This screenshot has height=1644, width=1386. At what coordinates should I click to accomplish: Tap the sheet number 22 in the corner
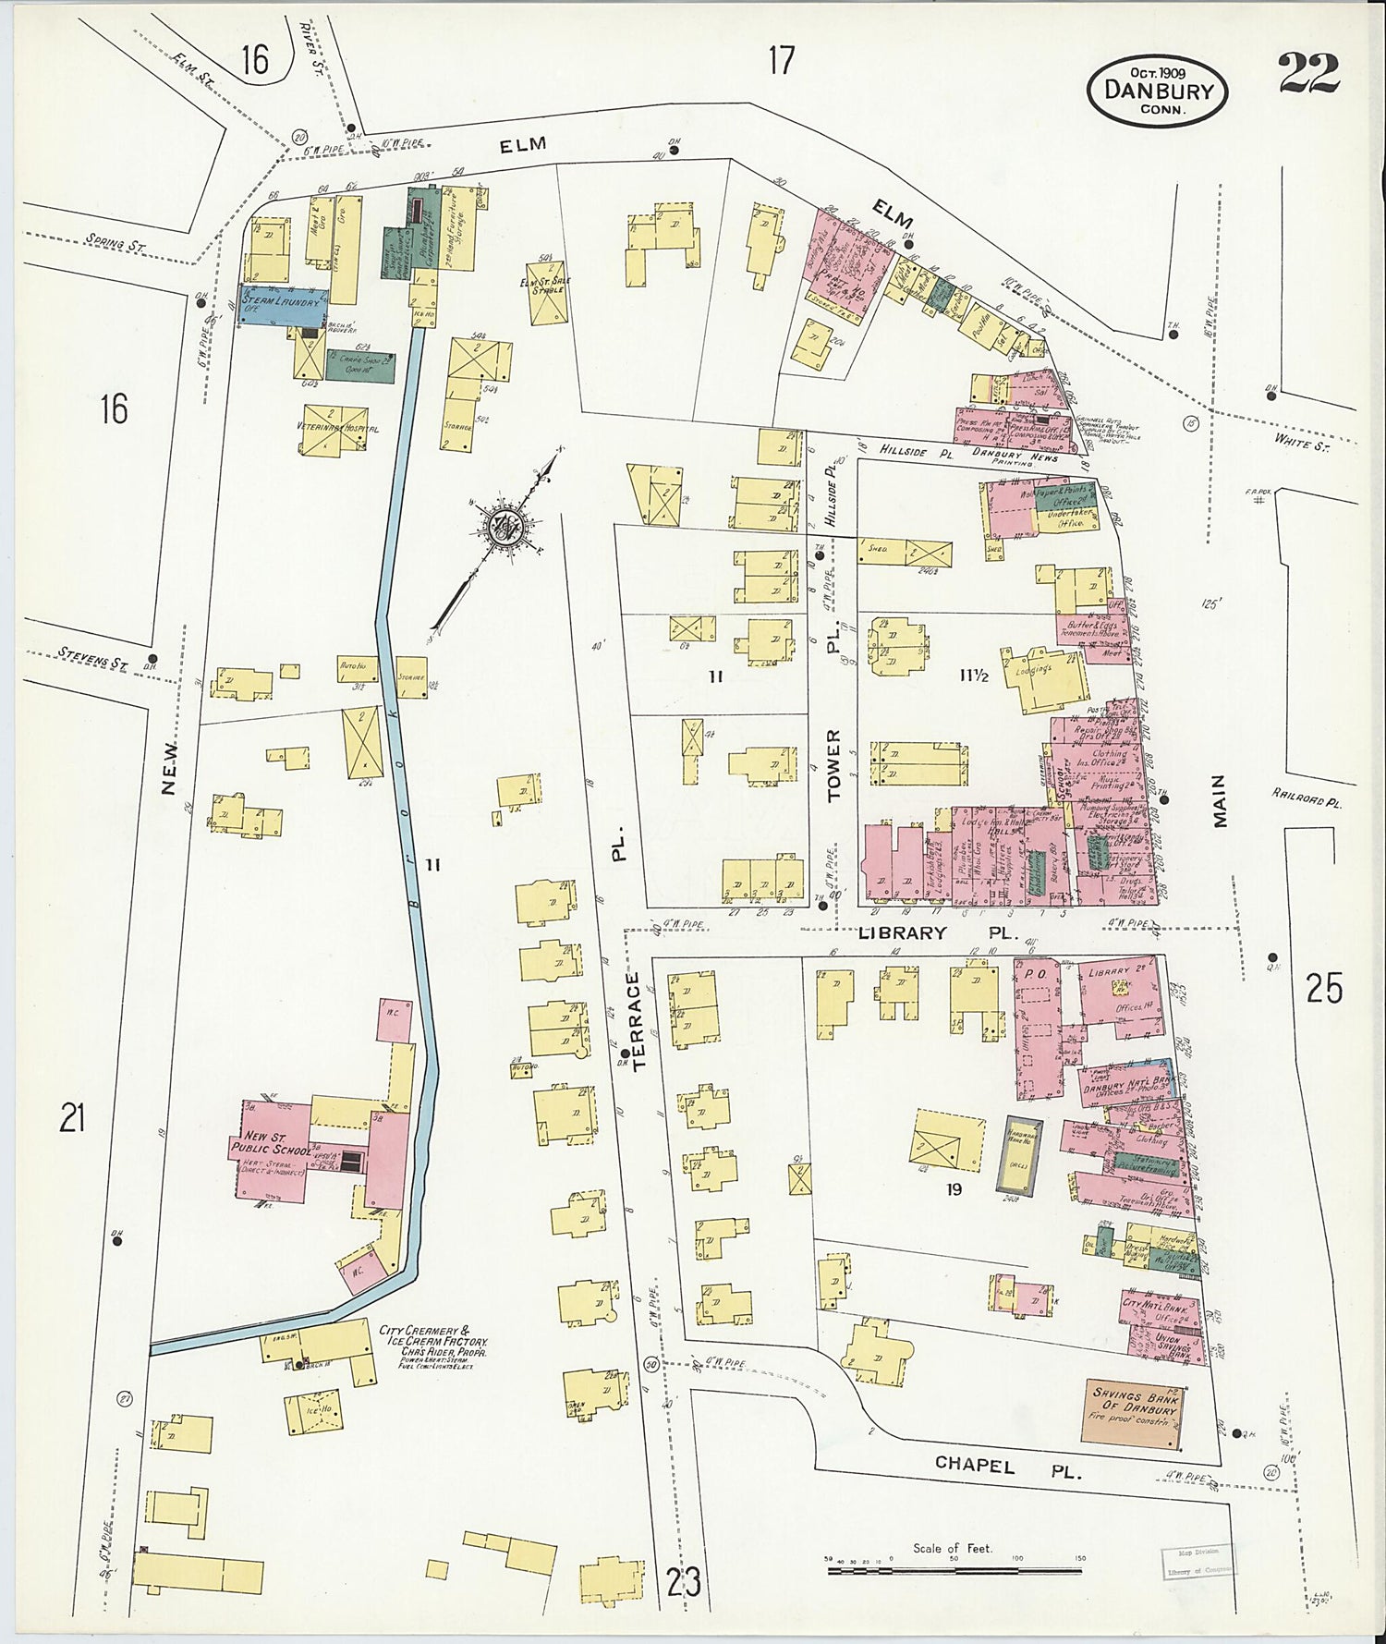coord(1308,74)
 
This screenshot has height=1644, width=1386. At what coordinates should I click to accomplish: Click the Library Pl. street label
coord(904,933)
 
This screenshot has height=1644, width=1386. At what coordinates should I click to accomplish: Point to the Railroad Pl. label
coord(1305,798)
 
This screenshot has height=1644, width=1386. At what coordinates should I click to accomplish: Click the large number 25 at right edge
coord(1323,989)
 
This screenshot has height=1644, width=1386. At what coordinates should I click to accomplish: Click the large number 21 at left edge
coord(72,1119)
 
